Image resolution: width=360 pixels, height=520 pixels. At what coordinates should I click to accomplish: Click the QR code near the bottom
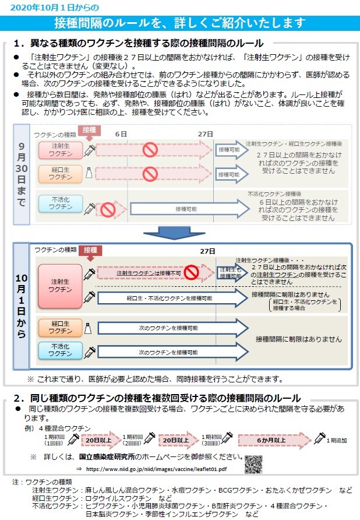(253, 464)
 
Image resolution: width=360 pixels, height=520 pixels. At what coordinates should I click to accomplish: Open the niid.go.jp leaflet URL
(157, 469)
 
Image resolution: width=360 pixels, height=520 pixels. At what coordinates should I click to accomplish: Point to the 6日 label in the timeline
(121, 134)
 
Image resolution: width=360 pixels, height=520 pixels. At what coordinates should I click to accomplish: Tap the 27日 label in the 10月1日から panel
(207, 251)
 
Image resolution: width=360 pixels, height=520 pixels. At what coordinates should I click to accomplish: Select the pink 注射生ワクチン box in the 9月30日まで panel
(61, 150)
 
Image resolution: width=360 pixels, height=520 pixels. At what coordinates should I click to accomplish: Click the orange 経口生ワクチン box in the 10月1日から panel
(61, 327)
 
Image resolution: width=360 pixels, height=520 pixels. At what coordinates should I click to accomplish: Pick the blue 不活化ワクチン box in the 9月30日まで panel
(61, 203)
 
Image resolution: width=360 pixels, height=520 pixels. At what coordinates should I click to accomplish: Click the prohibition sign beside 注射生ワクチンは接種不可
(191, 272)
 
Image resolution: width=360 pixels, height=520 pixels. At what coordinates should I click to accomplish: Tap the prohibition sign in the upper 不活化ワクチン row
(108, 210)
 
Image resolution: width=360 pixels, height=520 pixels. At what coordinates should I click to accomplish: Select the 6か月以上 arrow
(275, 440)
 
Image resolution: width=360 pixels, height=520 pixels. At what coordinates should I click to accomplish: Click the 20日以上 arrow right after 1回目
(101, 440)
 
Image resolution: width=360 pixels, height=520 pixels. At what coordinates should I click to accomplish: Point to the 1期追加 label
(337, 440)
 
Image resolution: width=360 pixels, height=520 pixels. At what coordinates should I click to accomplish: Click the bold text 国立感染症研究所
(107, 456)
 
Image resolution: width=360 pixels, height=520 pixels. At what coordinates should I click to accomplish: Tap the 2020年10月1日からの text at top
(55, 8)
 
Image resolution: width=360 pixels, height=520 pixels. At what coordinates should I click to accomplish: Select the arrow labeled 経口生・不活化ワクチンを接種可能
(172, 298)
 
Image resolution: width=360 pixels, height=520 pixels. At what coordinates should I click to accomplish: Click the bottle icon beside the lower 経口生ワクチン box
(88, 328)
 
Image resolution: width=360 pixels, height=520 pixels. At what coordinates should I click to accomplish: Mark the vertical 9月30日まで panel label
(22, 174)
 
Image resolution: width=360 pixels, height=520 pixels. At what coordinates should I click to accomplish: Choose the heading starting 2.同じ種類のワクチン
(157, 398)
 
